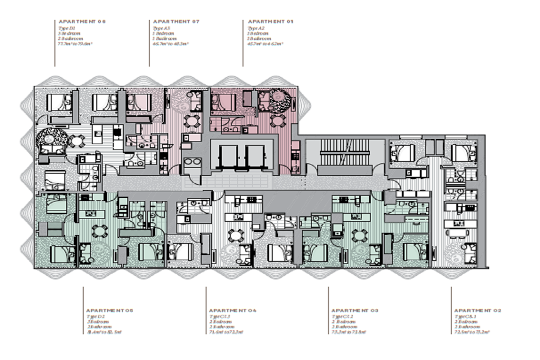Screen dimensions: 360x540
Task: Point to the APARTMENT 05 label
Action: coord(110,310)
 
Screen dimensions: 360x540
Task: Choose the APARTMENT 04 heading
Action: coord(233,310)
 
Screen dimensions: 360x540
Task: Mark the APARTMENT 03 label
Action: coord(355,310)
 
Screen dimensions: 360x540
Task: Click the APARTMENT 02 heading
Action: coord(477,310)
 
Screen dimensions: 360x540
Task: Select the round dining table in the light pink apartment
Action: coord(193,121)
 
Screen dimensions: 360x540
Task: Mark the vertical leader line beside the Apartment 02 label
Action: coord(451,310)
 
